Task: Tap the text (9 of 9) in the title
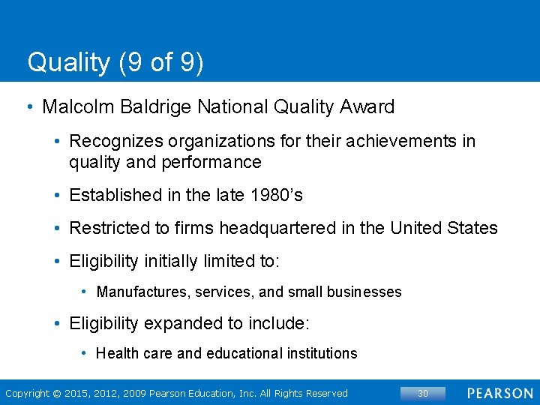(160, 62)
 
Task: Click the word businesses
(365, 292)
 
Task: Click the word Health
(114, 353)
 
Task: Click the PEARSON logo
(500, 393)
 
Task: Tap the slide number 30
(422, 393)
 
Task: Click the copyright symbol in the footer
(57, 393)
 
